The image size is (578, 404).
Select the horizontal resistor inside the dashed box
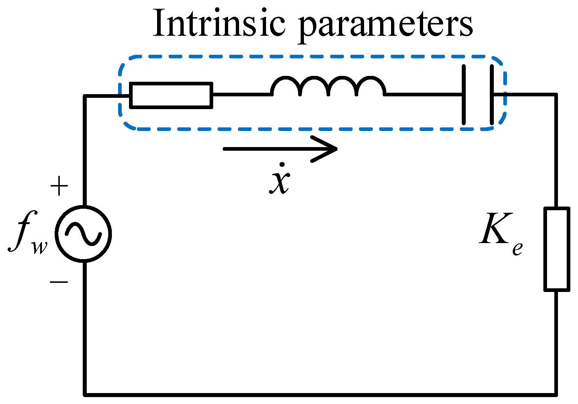pos(171,96)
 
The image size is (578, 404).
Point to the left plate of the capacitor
pos(464,95)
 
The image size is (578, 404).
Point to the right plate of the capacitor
pos(492,95)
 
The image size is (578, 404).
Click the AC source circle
pos(83,234)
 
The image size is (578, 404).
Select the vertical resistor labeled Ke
pos(556,249)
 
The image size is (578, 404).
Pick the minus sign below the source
pos(59,282)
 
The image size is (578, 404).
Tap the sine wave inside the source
pos(83,234)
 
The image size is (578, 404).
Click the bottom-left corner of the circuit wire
pos(85,394)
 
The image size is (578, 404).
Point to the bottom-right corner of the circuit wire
pos(556,394)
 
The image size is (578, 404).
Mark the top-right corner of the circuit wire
pos(556,95)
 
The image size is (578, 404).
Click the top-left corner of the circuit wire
pos(85,96)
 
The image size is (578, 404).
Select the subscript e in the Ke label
pos(517,248)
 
